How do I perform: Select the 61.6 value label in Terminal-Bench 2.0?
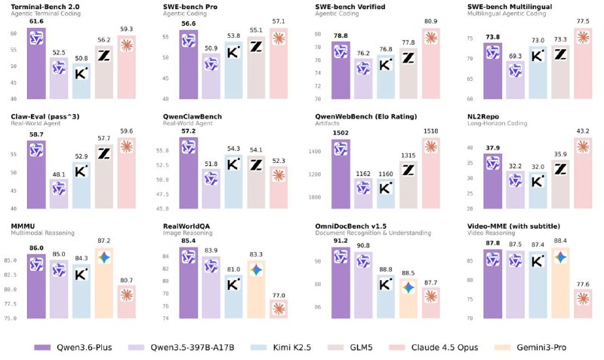click(x=37, y=22)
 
